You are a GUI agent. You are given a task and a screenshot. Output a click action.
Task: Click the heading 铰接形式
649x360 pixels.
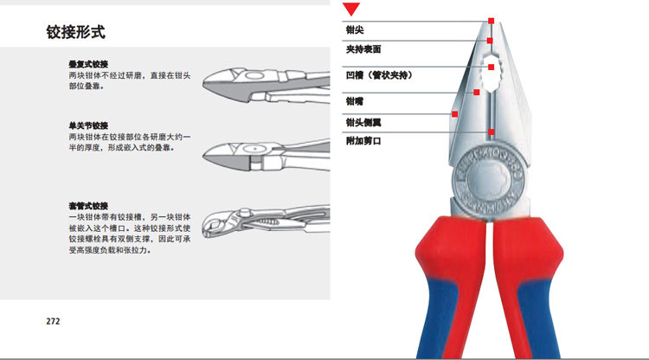tap(76, 34)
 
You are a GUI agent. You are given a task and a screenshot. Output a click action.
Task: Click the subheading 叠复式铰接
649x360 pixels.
tap(87, 65)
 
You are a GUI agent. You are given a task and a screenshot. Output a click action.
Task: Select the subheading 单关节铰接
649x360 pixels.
tap(87, 125)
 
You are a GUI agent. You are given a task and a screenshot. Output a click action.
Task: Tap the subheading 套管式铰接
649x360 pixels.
tap(87, 205)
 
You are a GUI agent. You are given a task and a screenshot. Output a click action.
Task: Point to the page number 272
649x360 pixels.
tap(53, 321)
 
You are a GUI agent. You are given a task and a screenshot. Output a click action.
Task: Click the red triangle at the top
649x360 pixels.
tap(351, 10)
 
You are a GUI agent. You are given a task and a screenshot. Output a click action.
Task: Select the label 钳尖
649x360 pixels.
tap(355, 29)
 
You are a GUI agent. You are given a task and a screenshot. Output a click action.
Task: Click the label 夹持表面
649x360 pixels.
tap(363, 49)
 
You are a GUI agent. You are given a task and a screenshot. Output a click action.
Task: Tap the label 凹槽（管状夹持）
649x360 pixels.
tap(378, 75)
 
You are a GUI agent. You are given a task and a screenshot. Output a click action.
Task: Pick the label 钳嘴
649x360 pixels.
tap(355, 101)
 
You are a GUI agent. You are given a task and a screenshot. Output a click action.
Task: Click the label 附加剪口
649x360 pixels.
tap(363, 140)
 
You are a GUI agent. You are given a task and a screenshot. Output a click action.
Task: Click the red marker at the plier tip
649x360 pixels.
tap(491, 20)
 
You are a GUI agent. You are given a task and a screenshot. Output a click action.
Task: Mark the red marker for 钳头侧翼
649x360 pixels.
tap(453, 112)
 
